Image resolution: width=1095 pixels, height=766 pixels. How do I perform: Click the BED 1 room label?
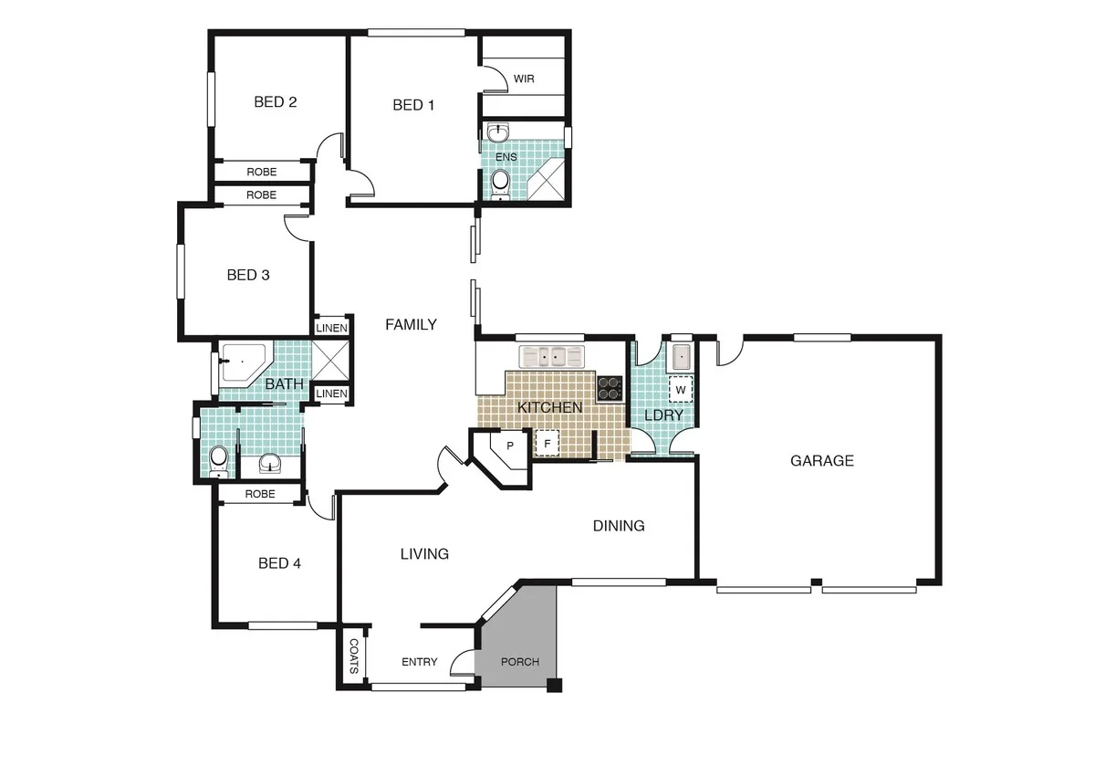point(413,105)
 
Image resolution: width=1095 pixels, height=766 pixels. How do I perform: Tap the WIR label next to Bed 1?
point(524,79)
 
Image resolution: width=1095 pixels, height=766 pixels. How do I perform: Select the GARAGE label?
point(821,461)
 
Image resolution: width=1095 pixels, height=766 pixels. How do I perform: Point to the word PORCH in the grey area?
point(520,662)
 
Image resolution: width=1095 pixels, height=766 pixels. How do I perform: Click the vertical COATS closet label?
point(354,656)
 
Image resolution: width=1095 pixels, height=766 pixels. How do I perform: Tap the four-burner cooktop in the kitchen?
point(609,389)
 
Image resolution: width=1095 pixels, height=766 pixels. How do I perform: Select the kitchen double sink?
point(550,356)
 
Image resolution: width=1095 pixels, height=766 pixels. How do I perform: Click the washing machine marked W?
point(680,389)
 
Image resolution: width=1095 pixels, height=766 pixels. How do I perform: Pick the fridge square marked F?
point(547,443)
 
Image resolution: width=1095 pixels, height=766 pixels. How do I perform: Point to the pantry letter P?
point(510,446)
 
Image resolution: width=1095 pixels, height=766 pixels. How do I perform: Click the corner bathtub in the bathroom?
point(241,363)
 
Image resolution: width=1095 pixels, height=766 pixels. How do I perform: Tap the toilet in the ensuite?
point(499,183)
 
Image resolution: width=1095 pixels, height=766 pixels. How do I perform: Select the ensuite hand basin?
point(497,135)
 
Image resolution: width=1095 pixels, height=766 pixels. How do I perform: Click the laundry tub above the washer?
point(680,355)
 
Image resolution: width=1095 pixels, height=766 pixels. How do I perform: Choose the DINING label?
point(619,526)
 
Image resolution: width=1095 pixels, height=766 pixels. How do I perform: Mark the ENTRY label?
point(420,662)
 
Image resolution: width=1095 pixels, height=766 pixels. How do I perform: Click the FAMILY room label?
point(411,324)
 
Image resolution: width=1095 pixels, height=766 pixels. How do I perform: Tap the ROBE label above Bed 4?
point(260,494)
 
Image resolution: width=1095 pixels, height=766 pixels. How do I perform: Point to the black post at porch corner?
point(553,686)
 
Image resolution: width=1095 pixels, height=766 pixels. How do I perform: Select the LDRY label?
point(663,414)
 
